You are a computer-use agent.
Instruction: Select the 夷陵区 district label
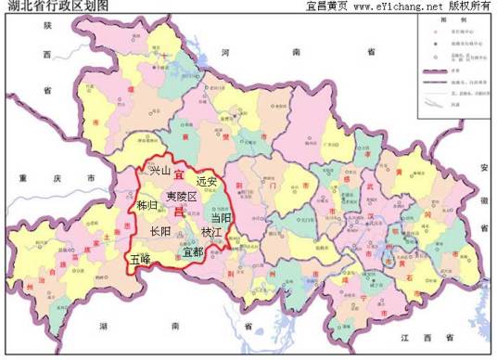182,197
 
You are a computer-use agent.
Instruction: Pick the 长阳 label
160,231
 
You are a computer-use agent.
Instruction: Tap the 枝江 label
213,232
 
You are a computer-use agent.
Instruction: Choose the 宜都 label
194,251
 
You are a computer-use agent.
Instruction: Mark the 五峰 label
141,259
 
